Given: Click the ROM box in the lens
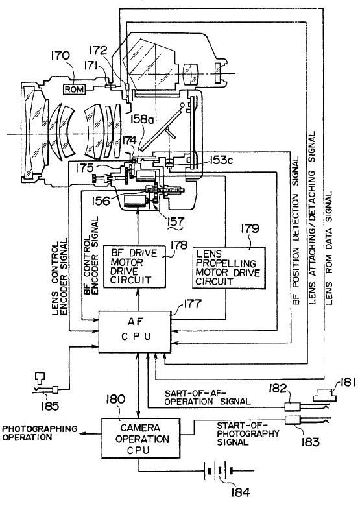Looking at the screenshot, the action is (74, 89).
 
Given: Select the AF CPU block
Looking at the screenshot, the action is (135, 331).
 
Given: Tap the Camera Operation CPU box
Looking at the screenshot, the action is (141, 439).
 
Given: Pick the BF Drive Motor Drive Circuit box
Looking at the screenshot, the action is (134, 267).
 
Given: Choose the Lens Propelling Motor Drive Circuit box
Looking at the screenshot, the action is (229, 267).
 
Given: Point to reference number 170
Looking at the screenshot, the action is (60, 56).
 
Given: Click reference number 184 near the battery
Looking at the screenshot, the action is (240, 492).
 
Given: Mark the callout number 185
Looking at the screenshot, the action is (50, 405).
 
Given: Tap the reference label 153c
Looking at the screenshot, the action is (221, 160).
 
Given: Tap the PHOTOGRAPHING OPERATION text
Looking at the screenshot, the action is (40, 433).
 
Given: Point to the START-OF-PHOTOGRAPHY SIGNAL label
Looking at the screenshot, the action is (248, 433).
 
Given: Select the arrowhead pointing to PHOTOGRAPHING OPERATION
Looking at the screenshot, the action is (83, 434).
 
